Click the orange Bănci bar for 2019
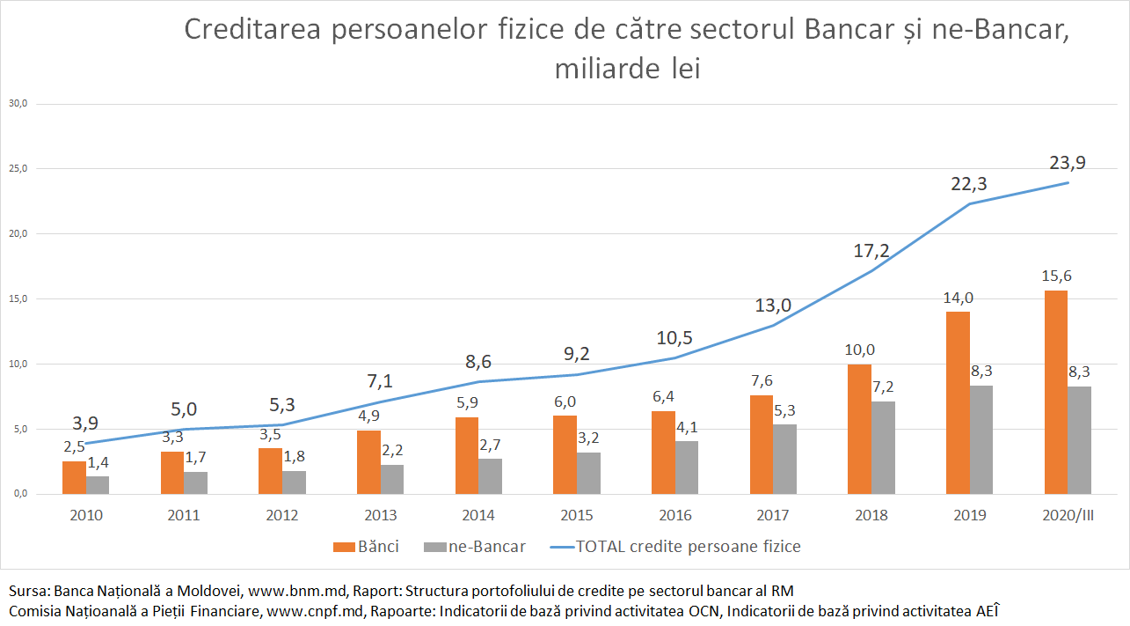coord(958,402)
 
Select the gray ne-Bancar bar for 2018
coord(884,447)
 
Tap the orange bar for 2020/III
coord(1056,392)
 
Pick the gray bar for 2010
coord(98,485)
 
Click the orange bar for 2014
coord(467,455)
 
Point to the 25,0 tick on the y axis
coord(18,169)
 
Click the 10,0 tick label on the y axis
coord(18,364)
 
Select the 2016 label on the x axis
coord(674,516)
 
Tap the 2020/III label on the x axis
coord(1068,516)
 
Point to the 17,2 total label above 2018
coord(871,250)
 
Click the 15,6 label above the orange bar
coord(1055,276)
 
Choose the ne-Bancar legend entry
coord(475,547)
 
